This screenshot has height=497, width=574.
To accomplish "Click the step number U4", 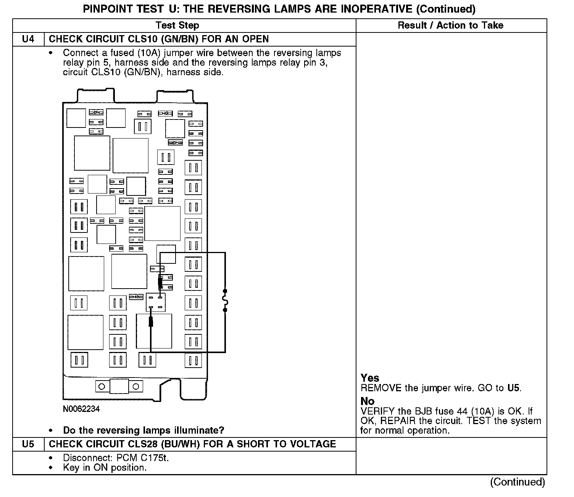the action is tap(28, 39).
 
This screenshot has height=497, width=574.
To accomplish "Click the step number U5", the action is tap(28, 444).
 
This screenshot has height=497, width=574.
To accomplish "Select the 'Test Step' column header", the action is tap(177, 26).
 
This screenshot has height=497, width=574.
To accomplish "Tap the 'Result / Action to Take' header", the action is tap(450, 26).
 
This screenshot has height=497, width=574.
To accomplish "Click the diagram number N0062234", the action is tap(81, 409).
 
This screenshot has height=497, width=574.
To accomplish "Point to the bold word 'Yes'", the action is tap(370, 378).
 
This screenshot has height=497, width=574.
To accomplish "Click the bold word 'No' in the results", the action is tap(368, 401).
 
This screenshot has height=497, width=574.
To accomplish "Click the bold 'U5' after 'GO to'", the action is tap(513, 388).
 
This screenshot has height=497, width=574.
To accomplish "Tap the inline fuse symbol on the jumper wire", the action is tap(225, 300).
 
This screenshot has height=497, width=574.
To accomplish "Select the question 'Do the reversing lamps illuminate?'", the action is tap(143, 430).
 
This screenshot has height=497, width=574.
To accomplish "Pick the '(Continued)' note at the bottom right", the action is tap(518, 482).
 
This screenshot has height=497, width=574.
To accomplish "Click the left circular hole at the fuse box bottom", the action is tap(102, 387).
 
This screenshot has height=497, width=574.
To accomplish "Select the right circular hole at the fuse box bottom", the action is tap(136, 387).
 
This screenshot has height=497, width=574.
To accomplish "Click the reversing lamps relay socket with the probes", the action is tap(155, 302).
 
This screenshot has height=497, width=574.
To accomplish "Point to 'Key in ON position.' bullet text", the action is tap(105, 468).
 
